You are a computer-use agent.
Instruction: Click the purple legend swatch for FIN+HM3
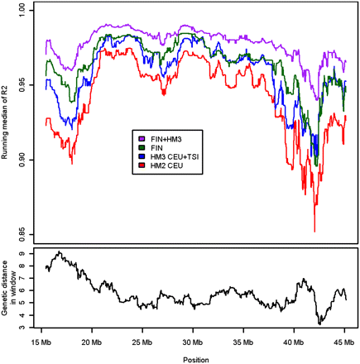click(143, 138)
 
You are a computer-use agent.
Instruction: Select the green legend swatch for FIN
click(143, 147)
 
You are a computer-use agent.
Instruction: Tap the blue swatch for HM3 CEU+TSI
click(143, 156)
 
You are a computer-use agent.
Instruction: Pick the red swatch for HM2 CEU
click(143, 165)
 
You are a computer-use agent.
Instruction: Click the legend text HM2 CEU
click(166, 165)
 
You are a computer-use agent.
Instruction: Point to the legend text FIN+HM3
click(168, 138)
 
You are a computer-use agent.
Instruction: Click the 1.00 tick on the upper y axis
click(27, 11)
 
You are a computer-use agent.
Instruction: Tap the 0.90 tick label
click(27, 159)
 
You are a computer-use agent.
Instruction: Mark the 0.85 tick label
click(27, 232)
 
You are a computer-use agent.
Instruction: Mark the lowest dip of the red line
click(314, 232)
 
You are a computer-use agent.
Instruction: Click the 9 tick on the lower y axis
click(27, 254)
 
